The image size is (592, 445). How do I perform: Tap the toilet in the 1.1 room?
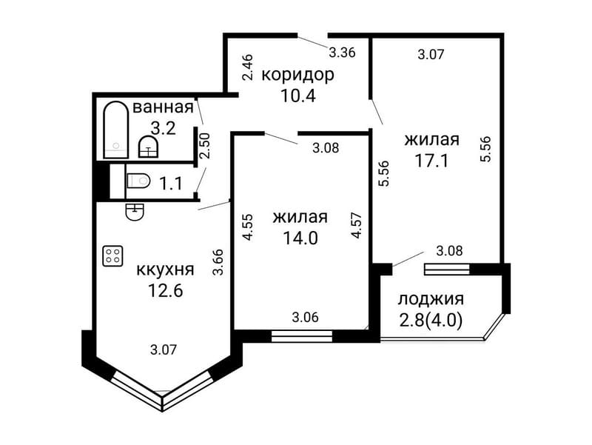[138, 181]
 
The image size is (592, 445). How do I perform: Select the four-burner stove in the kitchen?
[113, 256]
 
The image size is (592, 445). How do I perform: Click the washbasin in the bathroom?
[149, 147]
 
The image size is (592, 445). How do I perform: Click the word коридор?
[297, 75]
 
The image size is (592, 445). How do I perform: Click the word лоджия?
[431, 299]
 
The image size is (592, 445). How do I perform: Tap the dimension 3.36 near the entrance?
[343, 53]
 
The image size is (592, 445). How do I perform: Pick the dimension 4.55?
[249, 227]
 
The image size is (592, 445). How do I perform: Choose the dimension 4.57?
[356, 225]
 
